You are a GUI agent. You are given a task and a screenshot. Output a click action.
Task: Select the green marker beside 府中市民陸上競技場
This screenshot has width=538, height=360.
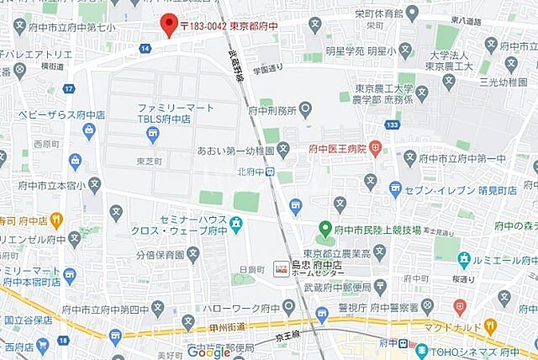click(x=324, y=228)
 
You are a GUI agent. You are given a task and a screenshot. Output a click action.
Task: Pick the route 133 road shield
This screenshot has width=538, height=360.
click(x=393, y=124)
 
